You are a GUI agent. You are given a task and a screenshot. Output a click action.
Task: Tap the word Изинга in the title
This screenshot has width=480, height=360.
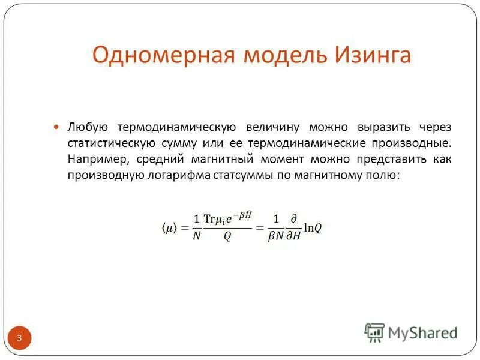click(371, 56)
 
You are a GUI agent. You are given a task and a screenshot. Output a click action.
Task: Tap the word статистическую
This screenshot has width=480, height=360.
click(112, 144)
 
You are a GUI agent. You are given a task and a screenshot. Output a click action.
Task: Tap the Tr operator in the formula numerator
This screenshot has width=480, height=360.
click(210, 219)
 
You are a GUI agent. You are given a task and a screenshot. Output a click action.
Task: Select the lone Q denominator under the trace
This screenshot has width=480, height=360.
click(227, 236)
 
